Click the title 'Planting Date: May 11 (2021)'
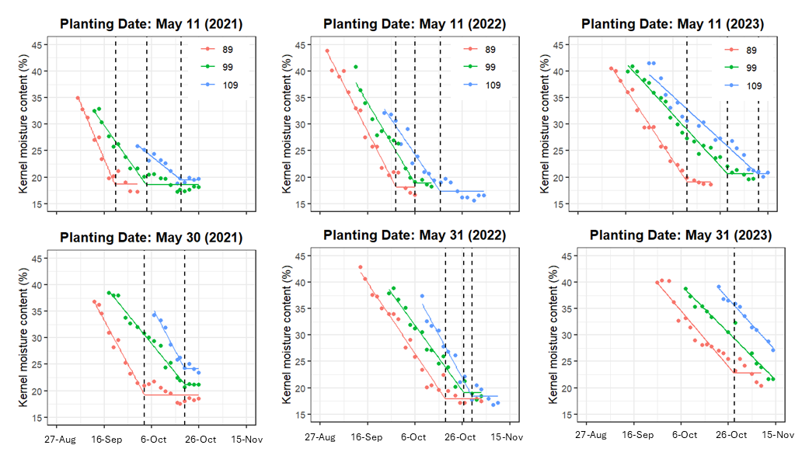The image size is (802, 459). coord(151,24)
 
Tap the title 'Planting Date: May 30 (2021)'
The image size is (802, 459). coord(151,237)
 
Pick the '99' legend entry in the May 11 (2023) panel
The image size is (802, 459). coord(752,68)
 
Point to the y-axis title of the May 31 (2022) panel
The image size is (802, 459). coord(291,334)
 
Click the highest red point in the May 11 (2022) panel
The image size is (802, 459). coord(327,51)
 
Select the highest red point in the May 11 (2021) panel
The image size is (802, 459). coord(78,98)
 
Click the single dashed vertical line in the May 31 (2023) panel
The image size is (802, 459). coord(734,334)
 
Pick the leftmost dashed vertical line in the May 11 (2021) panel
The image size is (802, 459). coord(116,124)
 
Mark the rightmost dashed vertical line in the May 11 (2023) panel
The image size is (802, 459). coord(758,124)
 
